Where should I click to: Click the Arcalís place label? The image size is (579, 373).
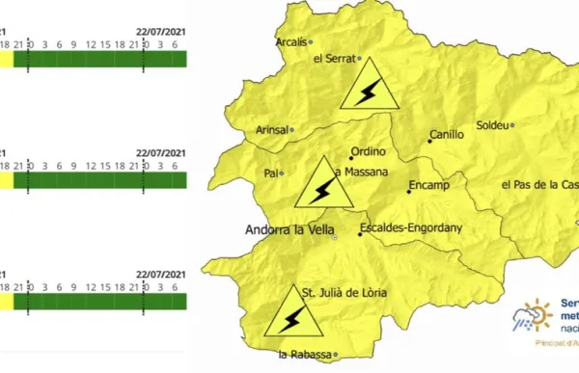click(290, 41)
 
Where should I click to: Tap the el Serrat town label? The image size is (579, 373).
click(334, 59)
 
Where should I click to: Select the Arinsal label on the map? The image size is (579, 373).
click(265, 128)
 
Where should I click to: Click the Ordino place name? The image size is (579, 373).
click(368, 151)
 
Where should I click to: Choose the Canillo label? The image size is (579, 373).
click(448, 135)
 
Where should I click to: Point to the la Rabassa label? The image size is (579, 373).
click(303, 355)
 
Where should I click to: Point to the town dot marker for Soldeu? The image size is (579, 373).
click(513, 124)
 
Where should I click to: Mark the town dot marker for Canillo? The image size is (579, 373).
click(429, 142)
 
